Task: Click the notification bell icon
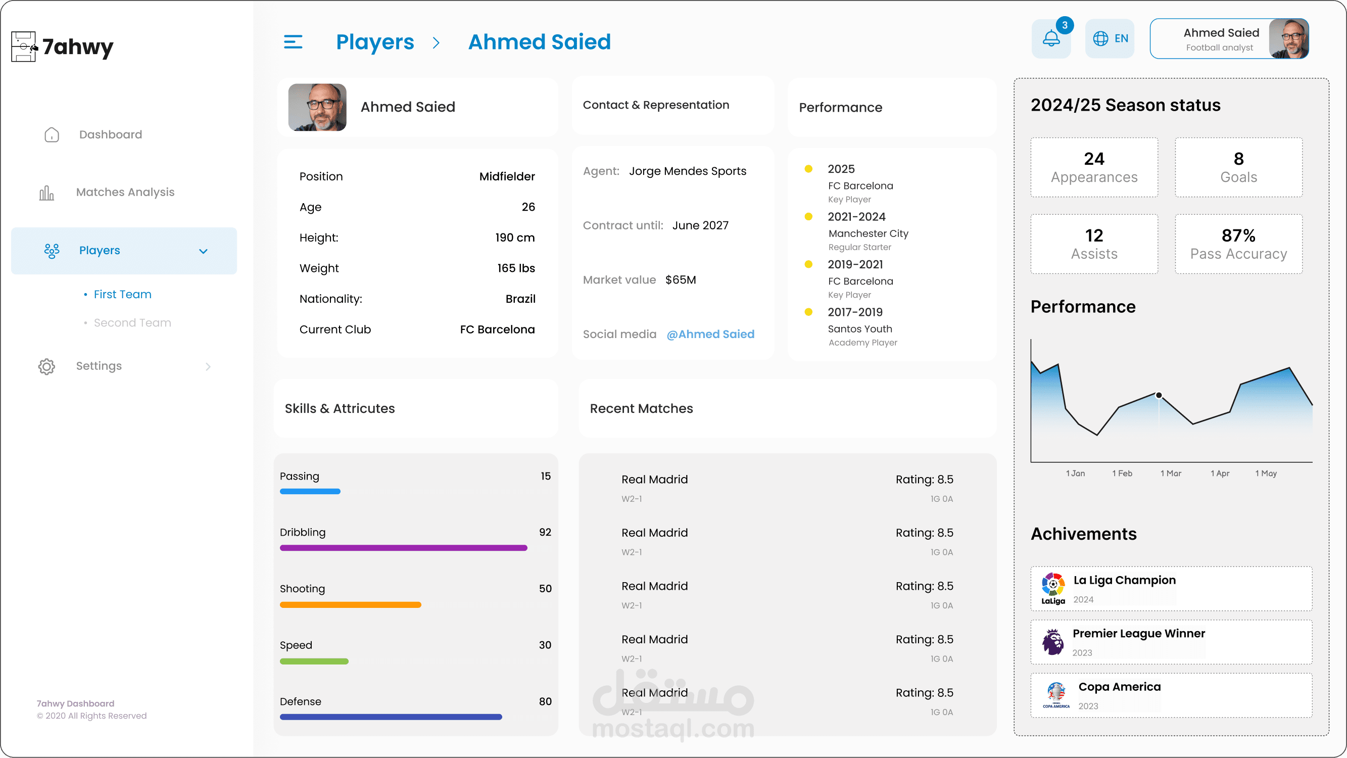[1051, 39]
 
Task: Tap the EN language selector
[1110, 39]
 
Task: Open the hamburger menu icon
[293, 42]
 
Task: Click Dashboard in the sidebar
[110, 134]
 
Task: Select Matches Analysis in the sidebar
[125, 192]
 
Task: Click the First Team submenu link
[122, 294]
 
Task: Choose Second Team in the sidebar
[132, 322]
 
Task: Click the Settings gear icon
[46, 366]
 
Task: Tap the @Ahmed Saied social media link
[710, 334]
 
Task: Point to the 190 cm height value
[514, 238]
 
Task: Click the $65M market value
[680, 279]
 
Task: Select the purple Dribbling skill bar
[403, 548]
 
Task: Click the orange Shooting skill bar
[350, 604]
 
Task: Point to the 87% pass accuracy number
[1238, 235]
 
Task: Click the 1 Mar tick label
[1171, 473]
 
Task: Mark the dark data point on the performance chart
[1159, 395]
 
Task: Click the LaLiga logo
[1052, 589]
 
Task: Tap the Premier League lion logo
[1052, 642]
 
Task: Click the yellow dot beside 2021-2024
[808, 217]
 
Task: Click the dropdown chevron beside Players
[204, 251]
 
